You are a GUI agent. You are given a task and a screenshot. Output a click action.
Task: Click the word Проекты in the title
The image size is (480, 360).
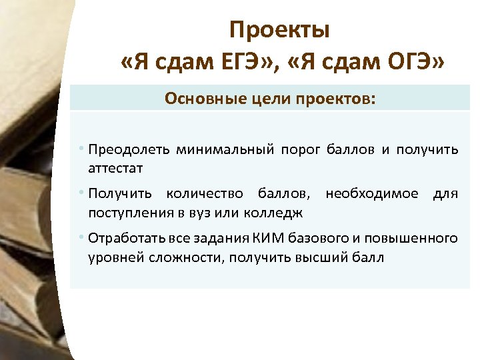pyautogui.click(x=279, y=30)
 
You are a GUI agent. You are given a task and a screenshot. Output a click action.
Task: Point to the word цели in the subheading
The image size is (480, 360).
pyautogui.click(x=262, y=99)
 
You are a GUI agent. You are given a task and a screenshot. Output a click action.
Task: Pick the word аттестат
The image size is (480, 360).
pyautogui.click(x=115, y=168)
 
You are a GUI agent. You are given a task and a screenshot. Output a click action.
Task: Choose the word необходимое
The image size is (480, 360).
pyautogui.click(x=372, y=194)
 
